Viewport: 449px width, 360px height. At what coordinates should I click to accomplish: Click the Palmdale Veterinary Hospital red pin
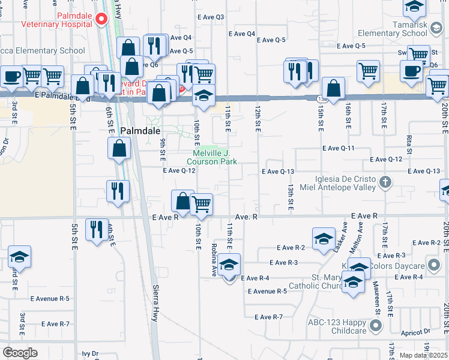pos(101,19)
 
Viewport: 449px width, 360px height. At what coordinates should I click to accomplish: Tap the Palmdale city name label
pos(140,130)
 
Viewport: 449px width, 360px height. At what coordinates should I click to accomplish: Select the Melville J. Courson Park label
pos(211,157)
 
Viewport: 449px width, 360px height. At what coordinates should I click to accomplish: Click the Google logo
pos(20,353)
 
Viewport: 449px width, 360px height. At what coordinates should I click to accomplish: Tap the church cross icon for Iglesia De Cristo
pos(386,181)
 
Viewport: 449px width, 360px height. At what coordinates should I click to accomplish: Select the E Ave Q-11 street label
pos(339,148)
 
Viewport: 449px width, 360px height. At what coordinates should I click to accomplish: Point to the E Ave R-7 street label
pos(268,317)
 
